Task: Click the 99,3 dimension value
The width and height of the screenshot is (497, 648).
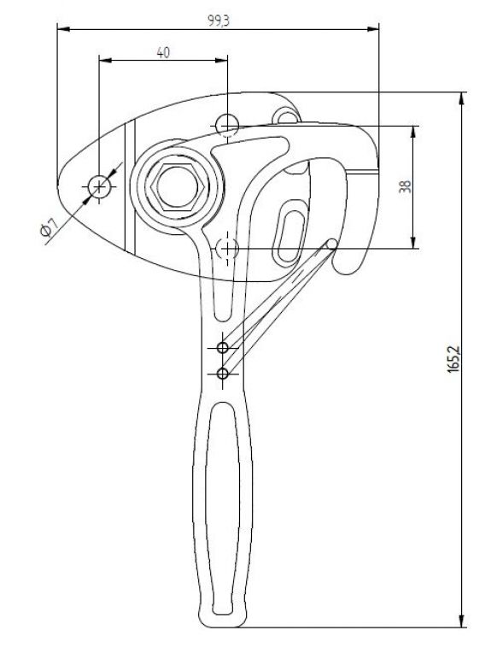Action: click(x=219, y=21)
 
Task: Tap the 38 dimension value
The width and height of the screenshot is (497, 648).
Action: click(x=406, y=187)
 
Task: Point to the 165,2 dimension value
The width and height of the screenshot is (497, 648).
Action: click(x=453, y=358)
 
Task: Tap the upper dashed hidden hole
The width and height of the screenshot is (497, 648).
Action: click(x=227, y=125)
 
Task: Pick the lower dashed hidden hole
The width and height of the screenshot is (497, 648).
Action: click(x=227, y=248)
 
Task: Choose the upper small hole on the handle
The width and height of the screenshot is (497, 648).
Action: click(x=223, y=347)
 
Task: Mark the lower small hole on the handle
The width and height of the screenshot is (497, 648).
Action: click(x=223, y=374)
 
